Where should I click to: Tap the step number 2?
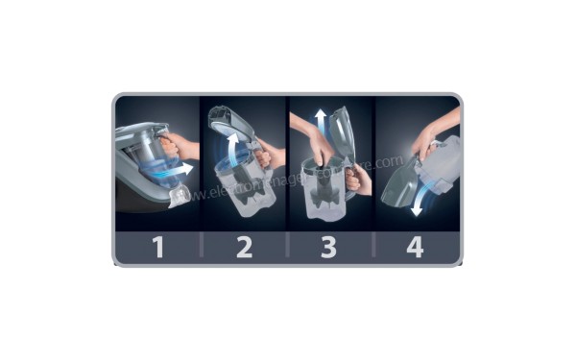click(x=244, y=248)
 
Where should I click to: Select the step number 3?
click(x=328, y=248)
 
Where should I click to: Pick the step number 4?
click(x=415, y=248)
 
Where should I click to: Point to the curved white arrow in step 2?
click(x=230, y=154)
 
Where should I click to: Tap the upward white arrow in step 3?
click(x=319, y=120)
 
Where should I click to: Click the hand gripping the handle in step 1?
click(x=180, y=146)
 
